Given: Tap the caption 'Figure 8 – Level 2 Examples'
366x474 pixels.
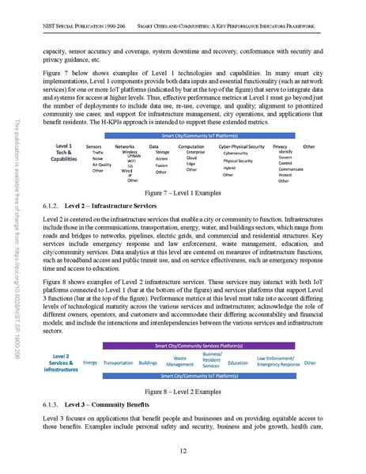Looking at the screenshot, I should click(x=183, y=392).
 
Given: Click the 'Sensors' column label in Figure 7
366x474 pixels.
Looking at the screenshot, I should click(x=96, y=146).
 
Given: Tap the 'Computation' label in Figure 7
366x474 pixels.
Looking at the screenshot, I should click(x=192, y=146).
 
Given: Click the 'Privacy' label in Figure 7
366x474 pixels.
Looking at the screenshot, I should click(x=280, y=146).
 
